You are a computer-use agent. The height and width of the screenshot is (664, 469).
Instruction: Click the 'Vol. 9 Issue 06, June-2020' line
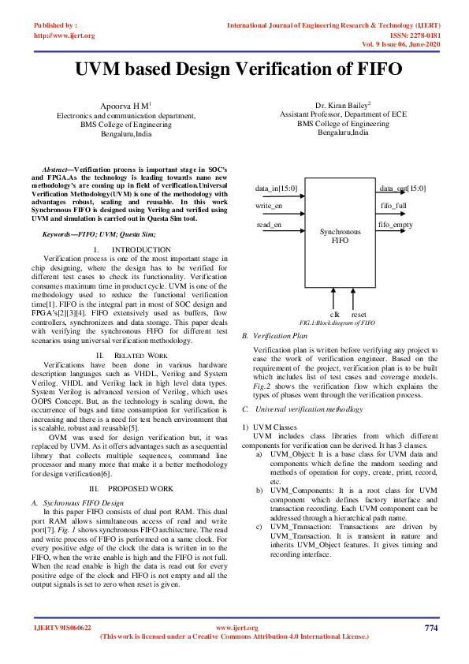point(400,45)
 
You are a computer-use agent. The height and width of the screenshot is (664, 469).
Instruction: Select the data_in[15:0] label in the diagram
point(276,188)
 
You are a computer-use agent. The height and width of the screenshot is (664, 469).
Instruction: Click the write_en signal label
point(270,207)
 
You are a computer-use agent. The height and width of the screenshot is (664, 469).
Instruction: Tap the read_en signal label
point(269,225)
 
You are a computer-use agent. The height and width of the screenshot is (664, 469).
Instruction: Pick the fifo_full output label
point(393,207)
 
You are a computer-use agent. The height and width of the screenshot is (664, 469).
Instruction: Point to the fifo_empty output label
point(396,225)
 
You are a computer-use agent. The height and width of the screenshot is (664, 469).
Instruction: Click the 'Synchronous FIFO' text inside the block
point(341,236)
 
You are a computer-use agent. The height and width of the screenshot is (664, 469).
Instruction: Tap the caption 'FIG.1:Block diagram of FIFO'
point(337,323)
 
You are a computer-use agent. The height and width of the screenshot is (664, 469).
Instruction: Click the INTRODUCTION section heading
point(141,250)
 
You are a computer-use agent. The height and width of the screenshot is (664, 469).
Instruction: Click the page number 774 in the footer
point(430,628)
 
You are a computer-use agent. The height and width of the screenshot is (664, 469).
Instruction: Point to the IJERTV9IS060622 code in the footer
point(62,628)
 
